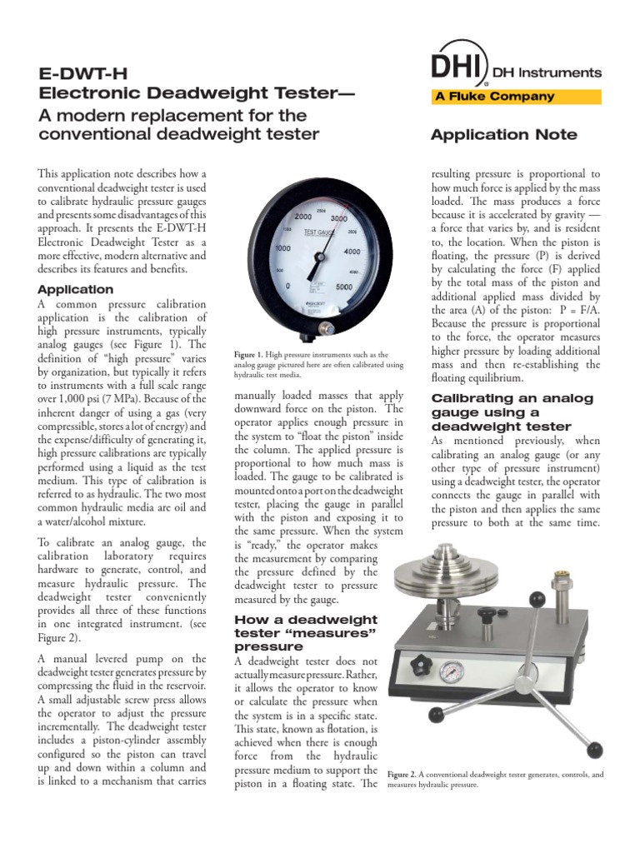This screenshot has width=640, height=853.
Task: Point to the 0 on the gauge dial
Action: coord(288,286)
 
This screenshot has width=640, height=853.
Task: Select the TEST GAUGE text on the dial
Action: coord(320,231)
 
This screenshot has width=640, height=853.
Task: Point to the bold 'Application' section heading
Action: coord(76,290)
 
